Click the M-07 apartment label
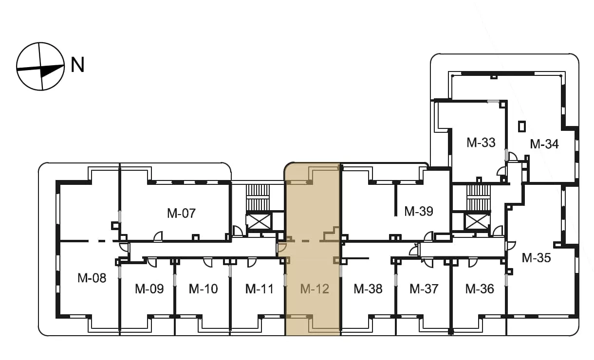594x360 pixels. [182, 213]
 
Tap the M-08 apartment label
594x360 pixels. [92, 278]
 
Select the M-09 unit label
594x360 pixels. [149, 289]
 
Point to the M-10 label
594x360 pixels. [204, 289]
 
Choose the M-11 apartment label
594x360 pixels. [260, 289]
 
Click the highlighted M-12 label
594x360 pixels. [315, 289]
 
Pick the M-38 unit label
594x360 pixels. [368, 289]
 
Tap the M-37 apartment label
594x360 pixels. [424, 289]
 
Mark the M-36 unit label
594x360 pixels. [480, 289]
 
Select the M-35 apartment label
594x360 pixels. [536, 258]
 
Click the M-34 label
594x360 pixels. [544, 144]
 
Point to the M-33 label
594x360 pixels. [481, 143]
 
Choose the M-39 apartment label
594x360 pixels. [419, 212]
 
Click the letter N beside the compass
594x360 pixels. [77, 65]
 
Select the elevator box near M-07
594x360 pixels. [258, 222]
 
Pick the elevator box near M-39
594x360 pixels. [477, 222]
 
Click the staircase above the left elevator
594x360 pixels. [258, 198]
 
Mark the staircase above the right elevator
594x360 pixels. [479, 198]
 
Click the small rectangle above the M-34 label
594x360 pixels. [522, 126]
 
